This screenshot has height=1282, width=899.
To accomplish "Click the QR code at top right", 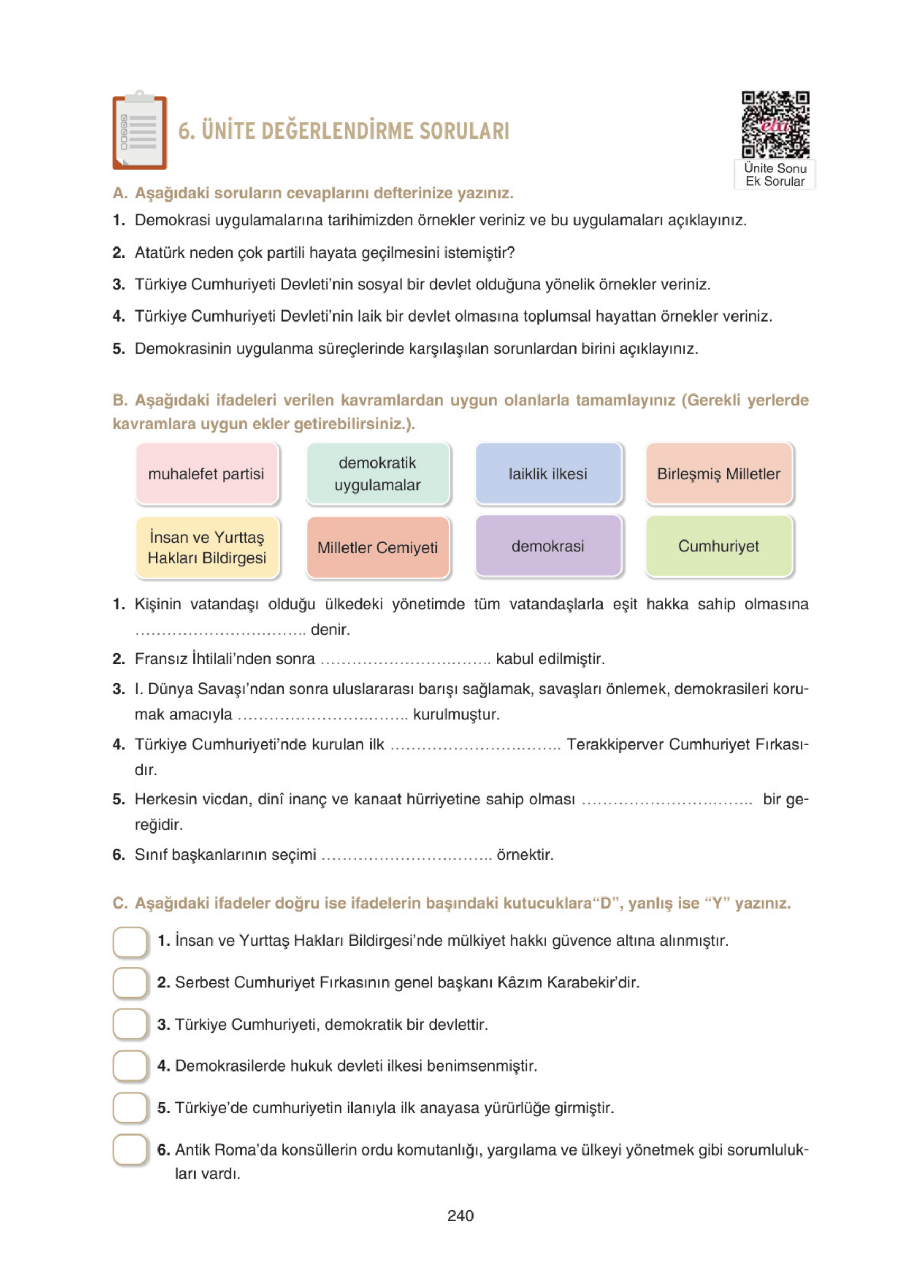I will pos(775,124).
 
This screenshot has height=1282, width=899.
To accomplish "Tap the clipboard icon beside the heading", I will pos(139,131).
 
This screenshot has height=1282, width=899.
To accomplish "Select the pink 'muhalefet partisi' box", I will pos(207,473).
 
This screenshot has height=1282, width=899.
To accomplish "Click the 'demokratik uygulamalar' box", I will pos(377,473).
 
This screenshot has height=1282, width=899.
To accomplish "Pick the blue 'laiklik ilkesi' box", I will pos(548,473).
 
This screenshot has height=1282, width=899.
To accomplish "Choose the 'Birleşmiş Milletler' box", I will pos(718,473).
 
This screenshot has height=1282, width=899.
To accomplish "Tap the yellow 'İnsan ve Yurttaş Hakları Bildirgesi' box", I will pos(207,547).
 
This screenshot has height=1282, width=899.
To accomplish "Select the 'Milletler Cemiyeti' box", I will pos(377,547).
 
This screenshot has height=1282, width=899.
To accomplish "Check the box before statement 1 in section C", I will pos(130,941).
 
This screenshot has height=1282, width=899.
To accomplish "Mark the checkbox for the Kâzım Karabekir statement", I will pos(130,983).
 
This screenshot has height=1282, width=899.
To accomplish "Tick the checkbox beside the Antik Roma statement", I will pos(130,1150).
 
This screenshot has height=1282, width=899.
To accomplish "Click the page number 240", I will pos(460,1215).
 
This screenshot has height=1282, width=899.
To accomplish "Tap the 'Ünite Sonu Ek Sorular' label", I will pos(775,174).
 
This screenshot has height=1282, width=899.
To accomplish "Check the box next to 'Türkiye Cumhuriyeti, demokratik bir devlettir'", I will pos(130,1024).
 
